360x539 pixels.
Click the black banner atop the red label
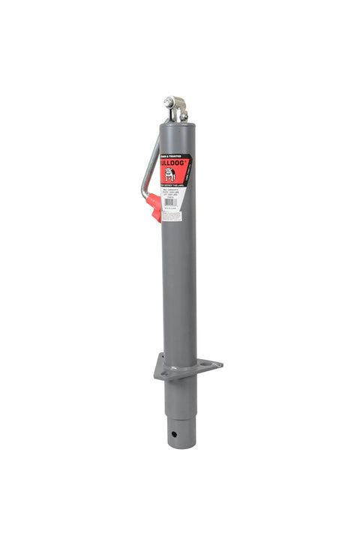(173, 152)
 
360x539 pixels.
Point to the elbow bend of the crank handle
(145, 196)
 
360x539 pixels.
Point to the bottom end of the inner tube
(180, 445)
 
